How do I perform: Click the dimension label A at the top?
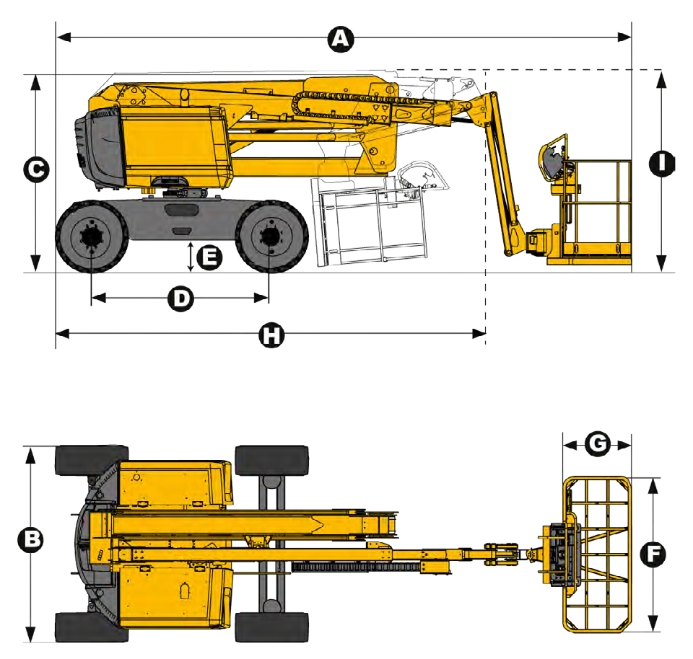click(x=341, y=39)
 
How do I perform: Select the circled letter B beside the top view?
click(x=30, y=539)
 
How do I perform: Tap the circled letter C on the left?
click(x=36, y=169)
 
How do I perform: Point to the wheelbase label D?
click(x=180, y=298)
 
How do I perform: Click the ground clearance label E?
click(x=209, y=257)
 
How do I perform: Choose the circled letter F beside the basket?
click(x=653, y=554)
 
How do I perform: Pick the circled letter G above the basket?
click(x=598, y=444)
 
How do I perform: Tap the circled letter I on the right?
click(x=662, y=164)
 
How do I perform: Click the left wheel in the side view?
click(x=92, y=236)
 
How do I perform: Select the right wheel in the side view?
click(x=271, y=236)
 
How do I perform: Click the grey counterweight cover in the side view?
click(x=100, y=147)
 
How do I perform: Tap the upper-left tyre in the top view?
click(x=92, y=460)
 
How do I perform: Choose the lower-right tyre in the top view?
click(x=272, y=627)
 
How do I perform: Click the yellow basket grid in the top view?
click(x=597, y=554)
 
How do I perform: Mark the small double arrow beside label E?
click(x=191, y=257)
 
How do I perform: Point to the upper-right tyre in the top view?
click(x=272, y=461)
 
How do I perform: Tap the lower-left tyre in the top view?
click(x=92, y=627)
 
